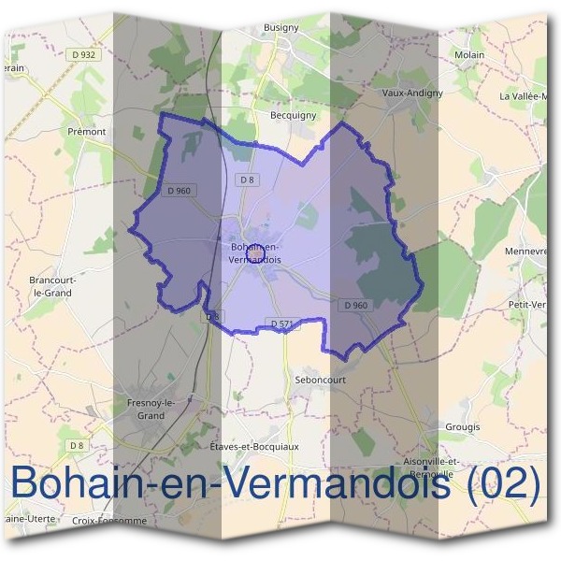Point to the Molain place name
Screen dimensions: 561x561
click(x=468, y=55)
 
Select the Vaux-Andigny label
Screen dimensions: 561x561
click(x=413, y=93)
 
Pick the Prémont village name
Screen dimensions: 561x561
click(x=87, y=132)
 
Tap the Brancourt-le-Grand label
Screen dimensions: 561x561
click(x=51, y=286)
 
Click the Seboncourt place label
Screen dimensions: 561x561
click(x=320, y=381)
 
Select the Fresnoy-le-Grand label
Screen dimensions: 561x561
click(x=145, y=409)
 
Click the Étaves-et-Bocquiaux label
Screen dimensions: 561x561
click(x=254, y=447)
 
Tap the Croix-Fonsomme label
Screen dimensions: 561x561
click(x=109, y=521)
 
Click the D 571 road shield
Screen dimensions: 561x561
click(x=282, y=324)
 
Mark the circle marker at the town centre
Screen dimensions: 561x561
click(x=254, y=252)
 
